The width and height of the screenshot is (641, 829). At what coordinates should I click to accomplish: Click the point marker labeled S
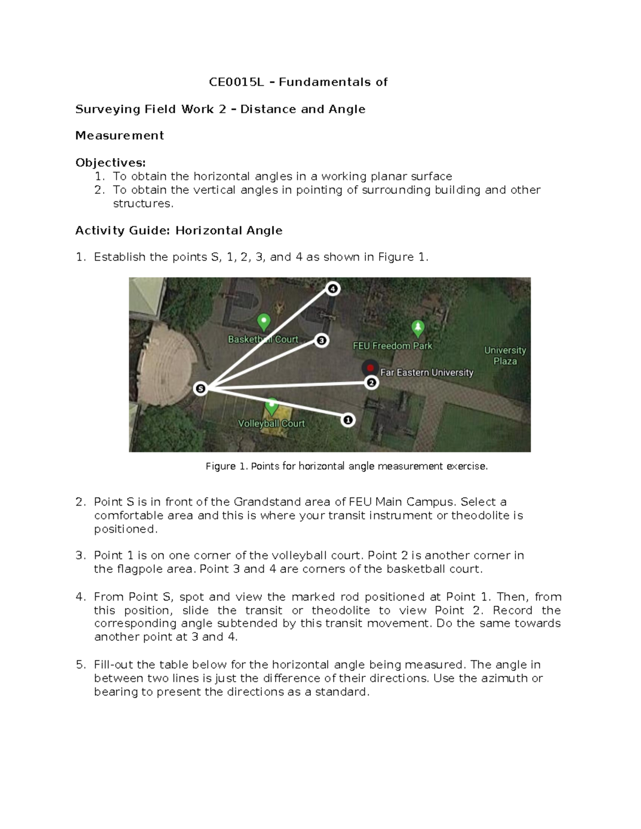click(200, 389)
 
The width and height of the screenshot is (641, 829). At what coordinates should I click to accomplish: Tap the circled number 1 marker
click(348, 420)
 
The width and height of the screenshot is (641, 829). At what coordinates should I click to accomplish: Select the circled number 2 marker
click(371, 382)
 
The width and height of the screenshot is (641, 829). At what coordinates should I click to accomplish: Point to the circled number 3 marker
click(321, 340)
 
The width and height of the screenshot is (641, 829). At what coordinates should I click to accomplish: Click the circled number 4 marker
click(333, 289)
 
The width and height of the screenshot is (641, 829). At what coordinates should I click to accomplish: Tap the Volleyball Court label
click(271, 423)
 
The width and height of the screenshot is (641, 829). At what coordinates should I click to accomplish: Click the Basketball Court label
click(263, 340)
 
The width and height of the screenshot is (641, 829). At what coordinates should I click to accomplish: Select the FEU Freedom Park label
click(393, 346)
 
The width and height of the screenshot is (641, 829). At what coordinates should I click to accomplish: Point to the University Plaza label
click(505, 356)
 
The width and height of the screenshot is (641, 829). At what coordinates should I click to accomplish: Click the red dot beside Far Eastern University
click(370, 368)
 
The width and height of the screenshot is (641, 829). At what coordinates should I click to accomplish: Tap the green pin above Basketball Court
click(263, 322)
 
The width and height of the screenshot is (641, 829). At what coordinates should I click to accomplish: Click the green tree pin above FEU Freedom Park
click(418, 328)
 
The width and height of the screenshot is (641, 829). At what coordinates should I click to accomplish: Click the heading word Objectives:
click(111, 162)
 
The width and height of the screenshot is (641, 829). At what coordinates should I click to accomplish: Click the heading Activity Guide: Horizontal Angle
click(179, 231)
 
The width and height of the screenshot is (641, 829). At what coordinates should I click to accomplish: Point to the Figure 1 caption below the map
click(347, 467)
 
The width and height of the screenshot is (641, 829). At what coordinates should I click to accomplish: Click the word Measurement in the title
click(120, 136)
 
